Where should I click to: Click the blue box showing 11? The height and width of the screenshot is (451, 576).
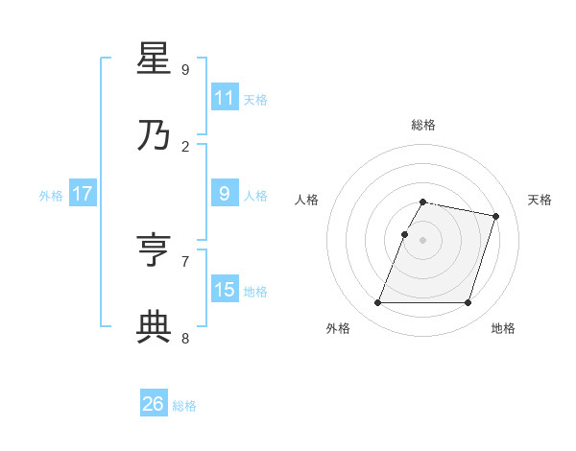[225, 98]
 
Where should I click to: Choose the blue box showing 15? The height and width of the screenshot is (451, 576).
[225, 290]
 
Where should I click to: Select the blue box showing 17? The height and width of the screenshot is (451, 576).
[83, 195]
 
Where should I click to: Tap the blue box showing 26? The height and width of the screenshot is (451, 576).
[154, 404]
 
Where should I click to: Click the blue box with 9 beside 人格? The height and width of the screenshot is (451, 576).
[225, 195]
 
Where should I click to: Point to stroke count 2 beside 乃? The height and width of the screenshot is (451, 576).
[185, 146]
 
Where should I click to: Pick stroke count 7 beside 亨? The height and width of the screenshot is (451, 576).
[185, 261]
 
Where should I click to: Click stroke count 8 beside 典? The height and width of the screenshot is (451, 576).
[185, 337]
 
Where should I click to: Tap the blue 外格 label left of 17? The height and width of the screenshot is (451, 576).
[51, 196]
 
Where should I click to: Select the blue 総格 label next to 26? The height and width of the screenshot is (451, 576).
[184, 406]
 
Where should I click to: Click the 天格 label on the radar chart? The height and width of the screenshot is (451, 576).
[540, 200]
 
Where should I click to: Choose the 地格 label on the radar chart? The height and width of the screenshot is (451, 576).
[503, 328]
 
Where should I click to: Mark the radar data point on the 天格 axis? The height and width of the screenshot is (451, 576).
[496, 216]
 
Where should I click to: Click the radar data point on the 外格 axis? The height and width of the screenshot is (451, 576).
[377, 303]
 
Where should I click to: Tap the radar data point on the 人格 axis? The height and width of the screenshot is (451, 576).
[404, 234]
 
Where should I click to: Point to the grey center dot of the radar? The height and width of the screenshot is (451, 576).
[422, 240]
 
